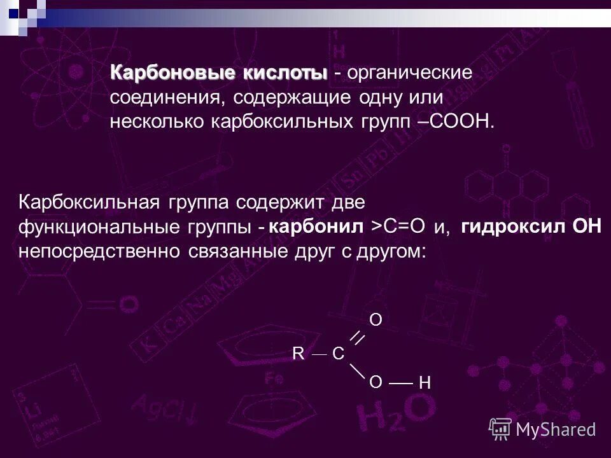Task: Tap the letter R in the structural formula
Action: (298, 354)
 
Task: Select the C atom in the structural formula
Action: (339, 354)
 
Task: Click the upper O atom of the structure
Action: (376, 320)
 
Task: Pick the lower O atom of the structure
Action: (376, 381)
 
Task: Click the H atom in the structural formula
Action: (426, 383)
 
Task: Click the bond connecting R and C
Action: (319, 354)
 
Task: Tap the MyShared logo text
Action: (556, 429)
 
